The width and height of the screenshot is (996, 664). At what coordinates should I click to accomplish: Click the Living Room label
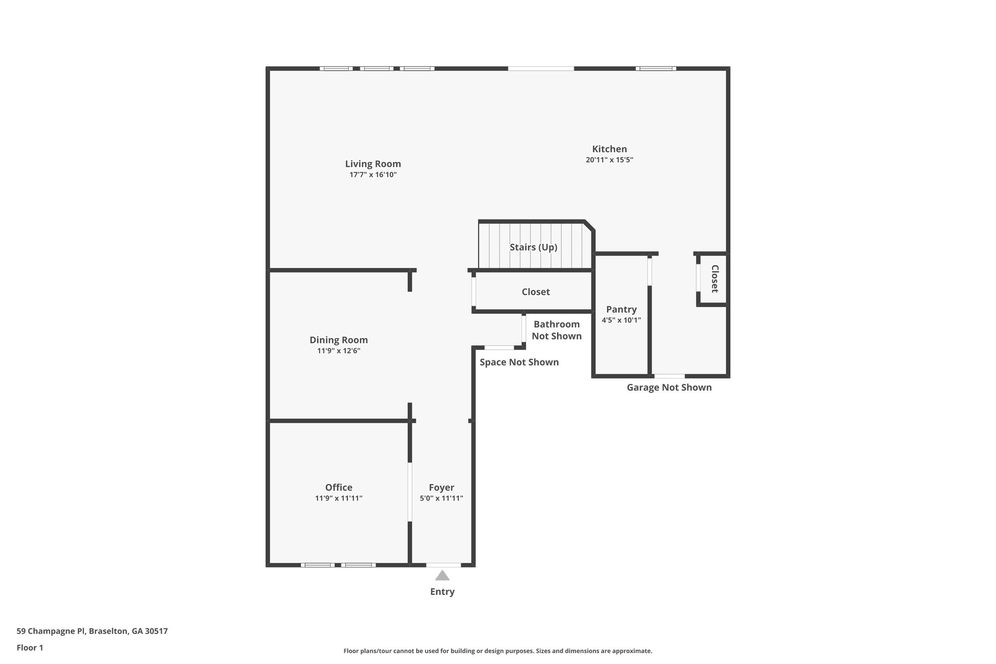pyautogui.click(x=373, y=164)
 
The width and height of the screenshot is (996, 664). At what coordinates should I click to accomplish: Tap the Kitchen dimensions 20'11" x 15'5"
pyautogui.click(x=609, y=160)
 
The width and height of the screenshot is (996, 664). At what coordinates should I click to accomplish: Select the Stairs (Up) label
pyautogui.click(x=533, y=247)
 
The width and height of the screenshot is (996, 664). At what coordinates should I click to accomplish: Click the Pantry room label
pyautogui.click(x=621, y=309)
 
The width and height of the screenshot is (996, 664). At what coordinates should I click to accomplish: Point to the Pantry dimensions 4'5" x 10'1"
pyautogui.click(x=621, y=320)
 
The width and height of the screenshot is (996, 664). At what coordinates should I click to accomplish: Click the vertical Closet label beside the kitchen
pyautogui.click(x=714, y=279)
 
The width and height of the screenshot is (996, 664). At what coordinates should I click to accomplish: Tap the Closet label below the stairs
pyautogui.click(x=535, y=292)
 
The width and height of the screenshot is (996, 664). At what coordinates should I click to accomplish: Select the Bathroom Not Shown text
pyautogui.click(x=556, y=330)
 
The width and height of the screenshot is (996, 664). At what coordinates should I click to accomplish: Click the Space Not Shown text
pyautogui.click(x=519, y=362)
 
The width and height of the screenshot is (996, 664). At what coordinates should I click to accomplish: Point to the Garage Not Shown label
pyautogui.click(x=669, y=388)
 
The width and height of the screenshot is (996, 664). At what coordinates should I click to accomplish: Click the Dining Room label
pyautogui.click(x=338, y=340)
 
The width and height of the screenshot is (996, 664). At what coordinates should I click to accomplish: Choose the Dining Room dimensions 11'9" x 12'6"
pyautogui.click(x=338, y=351)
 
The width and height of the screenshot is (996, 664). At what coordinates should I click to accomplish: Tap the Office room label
pyautogui.click(x=338, y=487)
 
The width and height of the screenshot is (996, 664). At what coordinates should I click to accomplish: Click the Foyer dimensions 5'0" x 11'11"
pyautogui.click(x=441, y=498)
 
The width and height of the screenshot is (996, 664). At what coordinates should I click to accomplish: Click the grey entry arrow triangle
pyautogui.click(x=442, y=576)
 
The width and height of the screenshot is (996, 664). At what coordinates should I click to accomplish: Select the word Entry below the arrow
pyautogui.click(x=442, y=592)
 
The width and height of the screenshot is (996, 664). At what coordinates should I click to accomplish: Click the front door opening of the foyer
pyautogui.click(x=443, y=565)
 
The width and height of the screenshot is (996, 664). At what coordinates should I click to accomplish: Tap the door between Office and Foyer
pyautogui.click(x=410, y=492)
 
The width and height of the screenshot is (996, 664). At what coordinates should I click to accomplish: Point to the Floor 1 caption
pyautogui.click(x=30, y=648)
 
